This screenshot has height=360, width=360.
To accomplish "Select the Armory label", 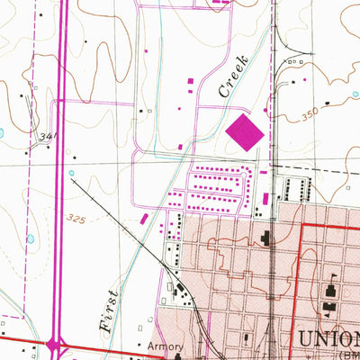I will click(x=166, y=346).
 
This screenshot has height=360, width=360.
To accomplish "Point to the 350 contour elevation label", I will click(x=310, y=116).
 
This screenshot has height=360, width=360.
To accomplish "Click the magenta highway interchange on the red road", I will click(x=56, y=343).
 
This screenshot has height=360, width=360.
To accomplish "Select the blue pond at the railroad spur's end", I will click(x=70, y=174).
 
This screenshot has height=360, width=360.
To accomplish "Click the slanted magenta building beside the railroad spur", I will click(x=145, y=219).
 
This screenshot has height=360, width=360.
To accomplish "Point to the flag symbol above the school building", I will click(x=332, y=277).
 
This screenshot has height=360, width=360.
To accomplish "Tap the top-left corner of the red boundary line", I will click(x=300, y=226).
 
